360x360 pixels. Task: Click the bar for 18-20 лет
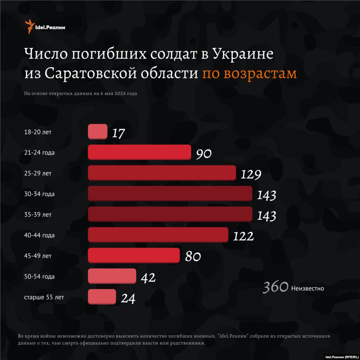(97, 131)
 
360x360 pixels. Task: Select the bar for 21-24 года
(139, 152)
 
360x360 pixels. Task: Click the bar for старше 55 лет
(102, 297)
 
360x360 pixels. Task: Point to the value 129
(251, 175)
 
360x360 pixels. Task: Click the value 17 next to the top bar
(118, 134)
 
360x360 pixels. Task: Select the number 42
(148, 278)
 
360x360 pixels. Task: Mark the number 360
(276, 287)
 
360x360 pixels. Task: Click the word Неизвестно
(308, 289)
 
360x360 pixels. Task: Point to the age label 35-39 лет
(38, 214)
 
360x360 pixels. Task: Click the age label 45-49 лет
(38, 256)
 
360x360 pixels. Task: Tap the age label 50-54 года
(39, 276)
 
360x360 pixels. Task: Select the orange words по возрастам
(249, 73)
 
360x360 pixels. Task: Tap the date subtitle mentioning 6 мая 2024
(81, 94)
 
